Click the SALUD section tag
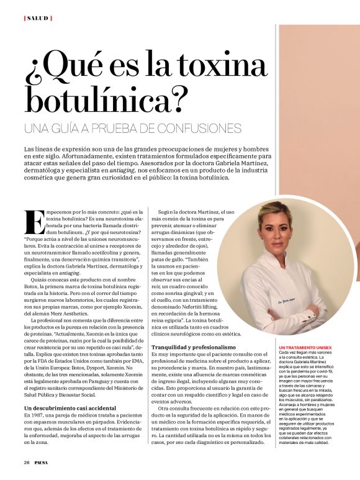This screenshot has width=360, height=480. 38,18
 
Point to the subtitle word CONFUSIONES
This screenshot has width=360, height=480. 200,129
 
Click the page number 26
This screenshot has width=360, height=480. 27,463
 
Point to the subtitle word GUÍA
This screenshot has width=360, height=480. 70,129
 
